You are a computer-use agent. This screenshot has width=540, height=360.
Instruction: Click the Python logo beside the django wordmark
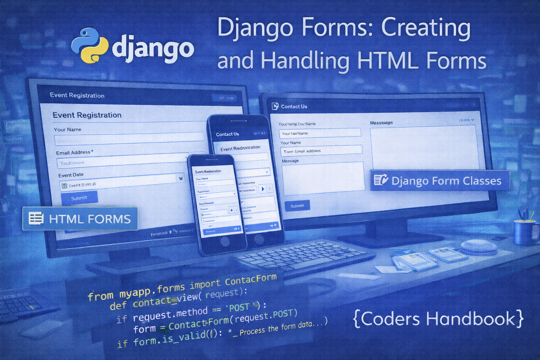tap(90, 46)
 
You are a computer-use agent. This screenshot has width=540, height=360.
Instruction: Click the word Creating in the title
tap(426, 28)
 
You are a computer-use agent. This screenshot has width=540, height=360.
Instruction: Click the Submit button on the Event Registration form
tap(79, 198)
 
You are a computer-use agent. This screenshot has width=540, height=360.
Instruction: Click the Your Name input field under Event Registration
tap(129, 139)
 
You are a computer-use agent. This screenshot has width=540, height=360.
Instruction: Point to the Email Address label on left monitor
tap(73, 153)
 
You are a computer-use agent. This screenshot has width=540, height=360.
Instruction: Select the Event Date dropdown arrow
tap(181, 179)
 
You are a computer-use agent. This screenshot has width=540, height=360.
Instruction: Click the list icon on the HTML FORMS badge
tap(36, 218)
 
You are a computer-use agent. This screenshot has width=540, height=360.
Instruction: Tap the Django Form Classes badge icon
tap(381, 180)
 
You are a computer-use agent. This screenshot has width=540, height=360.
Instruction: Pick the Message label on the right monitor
tap(290, 161)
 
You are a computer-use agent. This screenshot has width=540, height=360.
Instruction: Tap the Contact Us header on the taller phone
tap(227, 134)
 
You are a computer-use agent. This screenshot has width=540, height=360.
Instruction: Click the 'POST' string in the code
tap(240, 308)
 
